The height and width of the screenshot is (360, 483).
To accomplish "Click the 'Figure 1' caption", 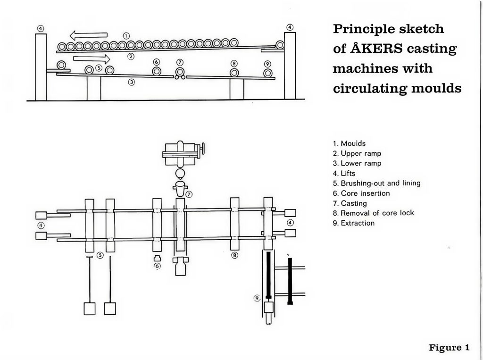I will pyautogui.click(x=449, y=348).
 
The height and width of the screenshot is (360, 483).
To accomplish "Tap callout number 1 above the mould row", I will pyautogui.click(x=126, y=36).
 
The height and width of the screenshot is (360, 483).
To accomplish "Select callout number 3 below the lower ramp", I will pyautogui.click(x=132, y=82).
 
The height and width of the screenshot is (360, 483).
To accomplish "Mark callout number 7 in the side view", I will pyautogui.click(x=179, y=62).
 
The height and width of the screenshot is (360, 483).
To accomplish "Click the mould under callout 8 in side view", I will pyautogui.click(x=234, y=72).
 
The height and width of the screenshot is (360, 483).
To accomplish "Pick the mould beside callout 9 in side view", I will pyautogui.click(x=268, y=73).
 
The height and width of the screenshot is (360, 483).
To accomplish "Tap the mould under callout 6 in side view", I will pyautogui.click(x=157, y=71).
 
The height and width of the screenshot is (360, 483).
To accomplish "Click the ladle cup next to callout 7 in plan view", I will pyautogui.click(x=180, y=190).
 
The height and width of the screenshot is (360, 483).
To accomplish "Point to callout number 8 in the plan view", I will pyautogui.click(x=234, y=255).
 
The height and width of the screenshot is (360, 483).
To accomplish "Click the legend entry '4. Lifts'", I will pyautogui.click(x=346, y=173).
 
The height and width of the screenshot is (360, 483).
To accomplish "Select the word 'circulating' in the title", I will pyautogui.click(x=367, y=88).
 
